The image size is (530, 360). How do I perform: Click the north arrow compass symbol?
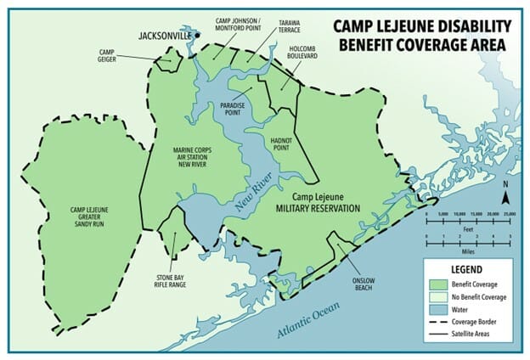point(506,196)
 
